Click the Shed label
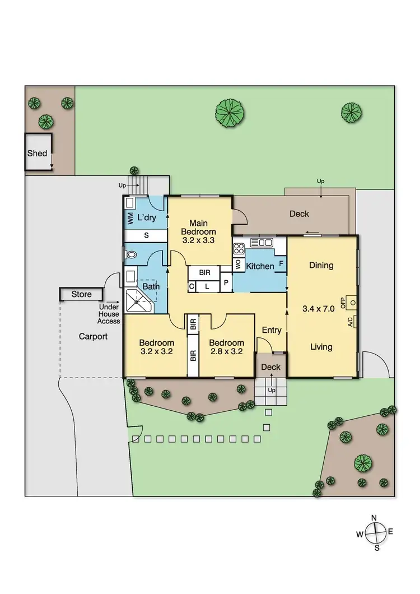pos(38,153)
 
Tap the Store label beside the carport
pos(81,294)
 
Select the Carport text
pos(92,337)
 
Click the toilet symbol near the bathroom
pos(132,255)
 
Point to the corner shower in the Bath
pos(137,300)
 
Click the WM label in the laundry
pos(130,217)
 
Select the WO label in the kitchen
pos(237,265)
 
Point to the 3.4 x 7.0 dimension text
pos(318,308)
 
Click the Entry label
pos(272,330)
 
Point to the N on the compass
pos(374,518)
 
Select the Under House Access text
pos(109,314)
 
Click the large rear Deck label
pos(299,214)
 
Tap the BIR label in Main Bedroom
pos(204,272)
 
